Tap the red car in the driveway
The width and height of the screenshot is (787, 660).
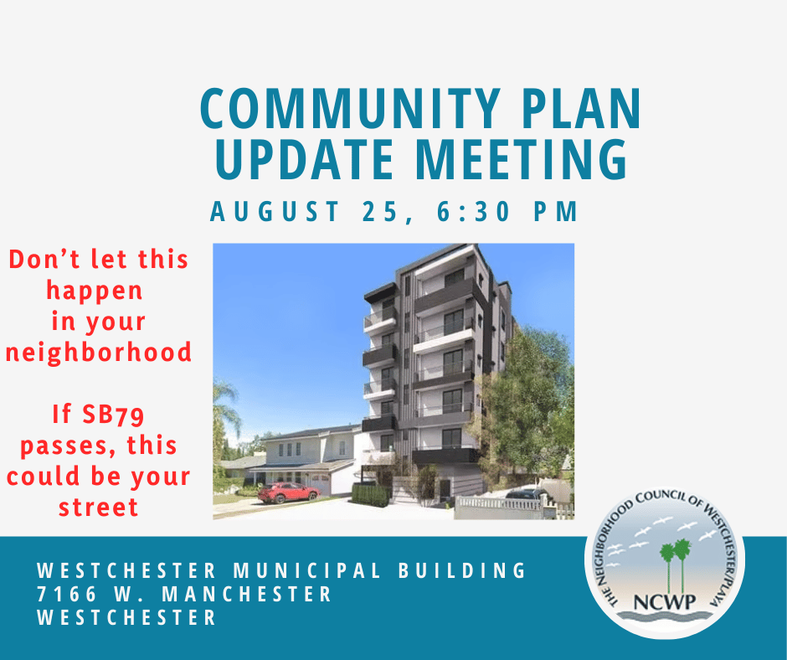(288, 492)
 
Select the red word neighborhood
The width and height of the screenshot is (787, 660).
(99, 352)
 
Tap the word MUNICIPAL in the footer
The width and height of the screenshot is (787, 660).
(315, 571)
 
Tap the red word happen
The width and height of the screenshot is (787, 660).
(94, 291)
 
